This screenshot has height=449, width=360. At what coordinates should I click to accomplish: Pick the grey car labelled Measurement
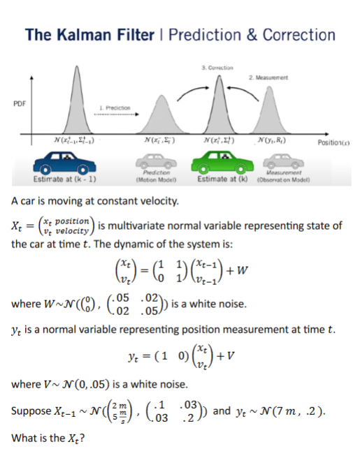(x=288, y=165)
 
